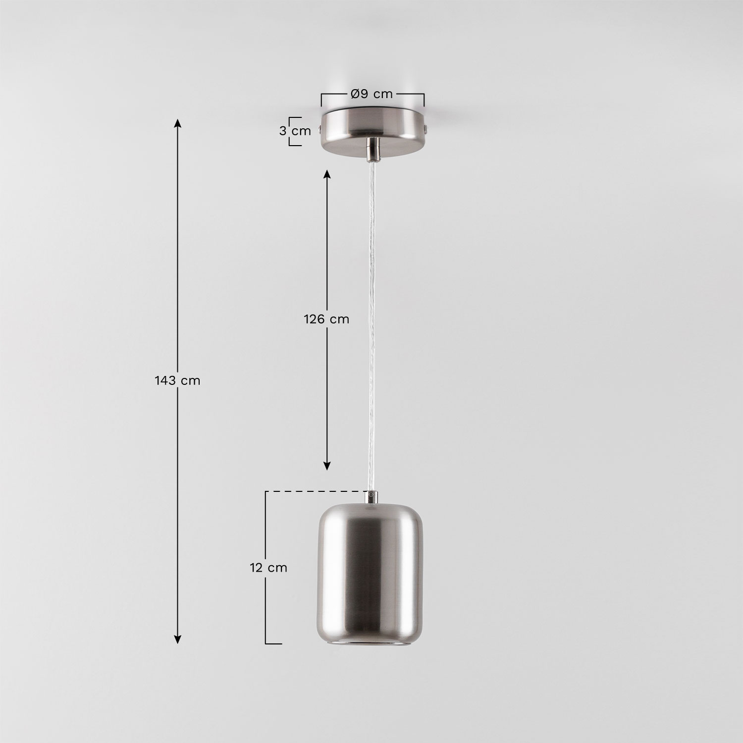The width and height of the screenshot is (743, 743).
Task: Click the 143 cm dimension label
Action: point(177,380)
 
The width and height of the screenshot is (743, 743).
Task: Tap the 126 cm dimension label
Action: point(326,319)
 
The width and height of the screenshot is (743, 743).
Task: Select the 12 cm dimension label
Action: point(268,568)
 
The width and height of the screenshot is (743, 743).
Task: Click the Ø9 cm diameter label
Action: point(372,94)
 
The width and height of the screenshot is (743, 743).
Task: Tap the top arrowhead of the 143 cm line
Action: point(177,122)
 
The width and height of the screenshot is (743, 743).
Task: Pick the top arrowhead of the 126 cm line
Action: point(326,173)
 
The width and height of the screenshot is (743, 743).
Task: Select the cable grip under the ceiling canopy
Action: point(372,150)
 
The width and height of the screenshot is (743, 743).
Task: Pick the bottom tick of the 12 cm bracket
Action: point(273,643)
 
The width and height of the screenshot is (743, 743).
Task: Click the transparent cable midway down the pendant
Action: point(371,322)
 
